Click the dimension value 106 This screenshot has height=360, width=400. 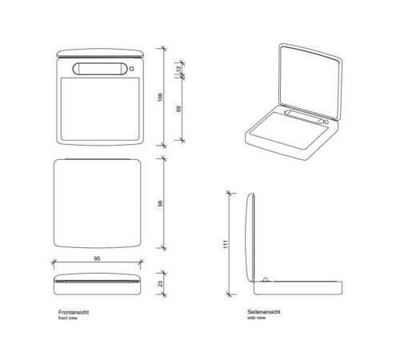click(160, 97)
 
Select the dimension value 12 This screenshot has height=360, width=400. click(178, 68)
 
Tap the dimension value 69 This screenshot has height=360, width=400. click(178, 109)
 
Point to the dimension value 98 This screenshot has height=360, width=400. click(160, 203)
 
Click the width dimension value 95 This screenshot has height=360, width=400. click(97, 258)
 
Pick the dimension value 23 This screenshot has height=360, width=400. click(160, 283)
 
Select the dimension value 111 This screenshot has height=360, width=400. click(226, 244)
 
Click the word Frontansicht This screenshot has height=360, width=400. click(74, 312)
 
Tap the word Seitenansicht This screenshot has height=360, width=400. click(264, 311)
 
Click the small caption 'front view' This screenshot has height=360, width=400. click(68, 318)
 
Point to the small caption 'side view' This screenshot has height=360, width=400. click(256, 318)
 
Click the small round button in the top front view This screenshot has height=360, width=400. click(131, 69)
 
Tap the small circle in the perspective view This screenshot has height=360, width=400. click(326, 122)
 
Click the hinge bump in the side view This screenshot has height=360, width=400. click(265, 279)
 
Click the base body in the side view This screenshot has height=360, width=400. click(298, 288)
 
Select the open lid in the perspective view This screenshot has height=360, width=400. click(310, 82)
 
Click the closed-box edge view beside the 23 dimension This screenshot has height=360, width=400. click(97, 284)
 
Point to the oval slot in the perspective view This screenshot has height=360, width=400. click(304, 117)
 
